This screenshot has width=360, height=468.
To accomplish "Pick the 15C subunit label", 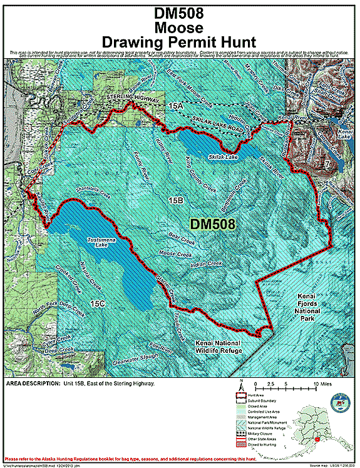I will [97, 304].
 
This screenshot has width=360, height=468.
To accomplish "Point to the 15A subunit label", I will [175, 107].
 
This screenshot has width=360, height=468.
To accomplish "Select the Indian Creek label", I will [206, 265].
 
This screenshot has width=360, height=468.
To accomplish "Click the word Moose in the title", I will [180, 28].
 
